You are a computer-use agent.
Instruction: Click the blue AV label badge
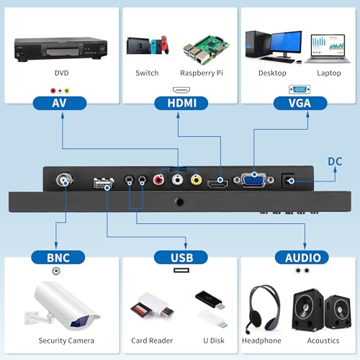(x=60, y=103)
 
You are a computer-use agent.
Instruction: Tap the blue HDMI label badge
(x=181, y=103)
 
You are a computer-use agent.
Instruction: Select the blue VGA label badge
(x=300, y=103)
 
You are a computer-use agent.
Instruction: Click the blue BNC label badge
(x=58, y=258)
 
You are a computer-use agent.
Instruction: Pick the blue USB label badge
(x=181, y=258)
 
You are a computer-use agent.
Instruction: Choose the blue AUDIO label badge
(x=302, y=258)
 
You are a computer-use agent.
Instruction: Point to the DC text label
(x=335, y=161)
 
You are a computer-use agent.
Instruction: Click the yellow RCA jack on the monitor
(x=196, y=179)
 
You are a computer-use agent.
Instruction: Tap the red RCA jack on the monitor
(x=158, y=179)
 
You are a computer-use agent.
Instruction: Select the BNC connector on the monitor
(x=64, y=180)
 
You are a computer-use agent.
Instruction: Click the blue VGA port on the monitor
(x=254, y=180)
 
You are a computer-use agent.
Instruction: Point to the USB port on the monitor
(x=104, y=183)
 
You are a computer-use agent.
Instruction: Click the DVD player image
(x=60, y=49)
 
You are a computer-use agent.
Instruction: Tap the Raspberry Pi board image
(x=207, y=50)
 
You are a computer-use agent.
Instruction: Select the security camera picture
(x=62, y=305)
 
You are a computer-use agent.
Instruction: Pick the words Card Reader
(x=152, y=341)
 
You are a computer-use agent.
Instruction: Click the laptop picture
(x=328, y=49)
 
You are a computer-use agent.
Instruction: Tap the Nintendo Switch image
(x=148, y=45)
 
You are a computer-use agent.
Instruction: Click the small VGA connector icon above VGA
(x=300, y=89)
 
